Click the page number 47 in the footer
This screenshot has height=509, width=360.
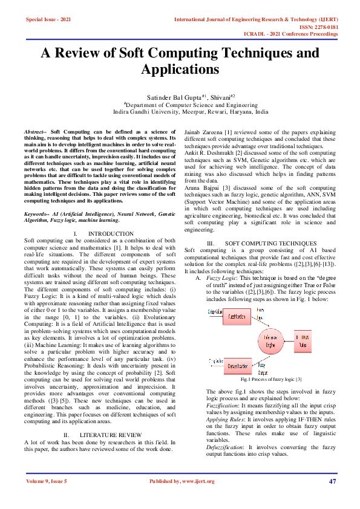click(x=332, y=481)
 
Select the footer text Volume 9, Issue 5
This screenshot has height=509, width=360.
click(x=47, y=481)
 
